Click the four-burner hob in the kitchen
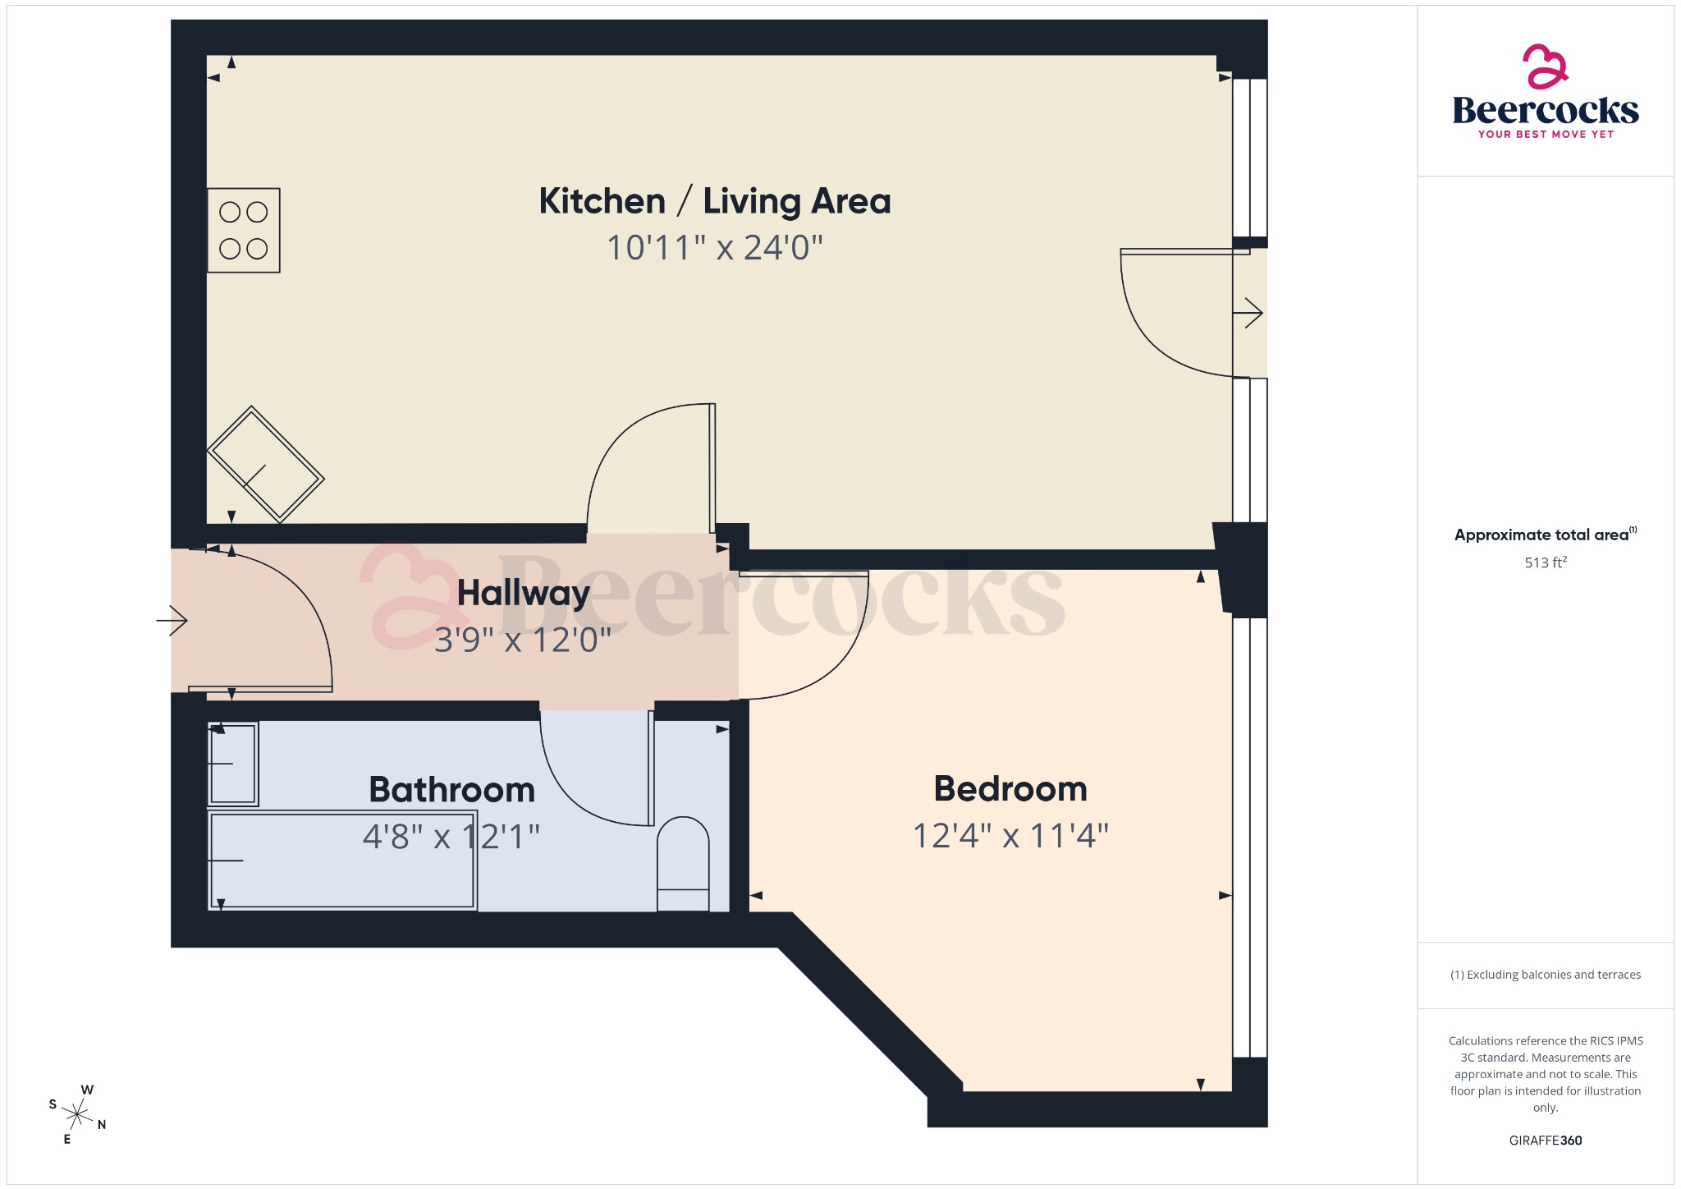click(243, 231)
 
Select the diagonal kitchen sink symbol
click(265, 465)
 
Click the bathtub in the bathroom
click(341, 861)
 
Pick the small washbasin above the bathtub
click(233, 764)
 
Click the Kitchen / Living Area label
click(714, 201)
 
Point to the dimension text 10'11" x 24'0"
click(714, 248)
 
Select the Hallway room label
click(523, 593)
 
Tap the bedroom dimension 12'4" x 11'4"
click(1010, 836)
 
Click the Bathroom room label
click(451, 790)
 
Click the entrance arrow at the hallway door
click(172, 620)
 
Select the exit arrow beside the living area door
click(1248, 313)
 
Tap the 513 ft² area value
click(1545, 562)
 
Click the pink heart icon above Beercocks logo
click(1545, 67)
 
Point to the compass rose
click(77, 1114)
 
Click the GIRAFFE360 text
click(1545, 1141)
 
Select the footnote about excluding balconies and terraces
click(1545, 975)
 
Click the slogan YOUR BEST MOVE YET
click(1545, 134)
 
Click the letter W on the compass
click(87, 1090)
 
